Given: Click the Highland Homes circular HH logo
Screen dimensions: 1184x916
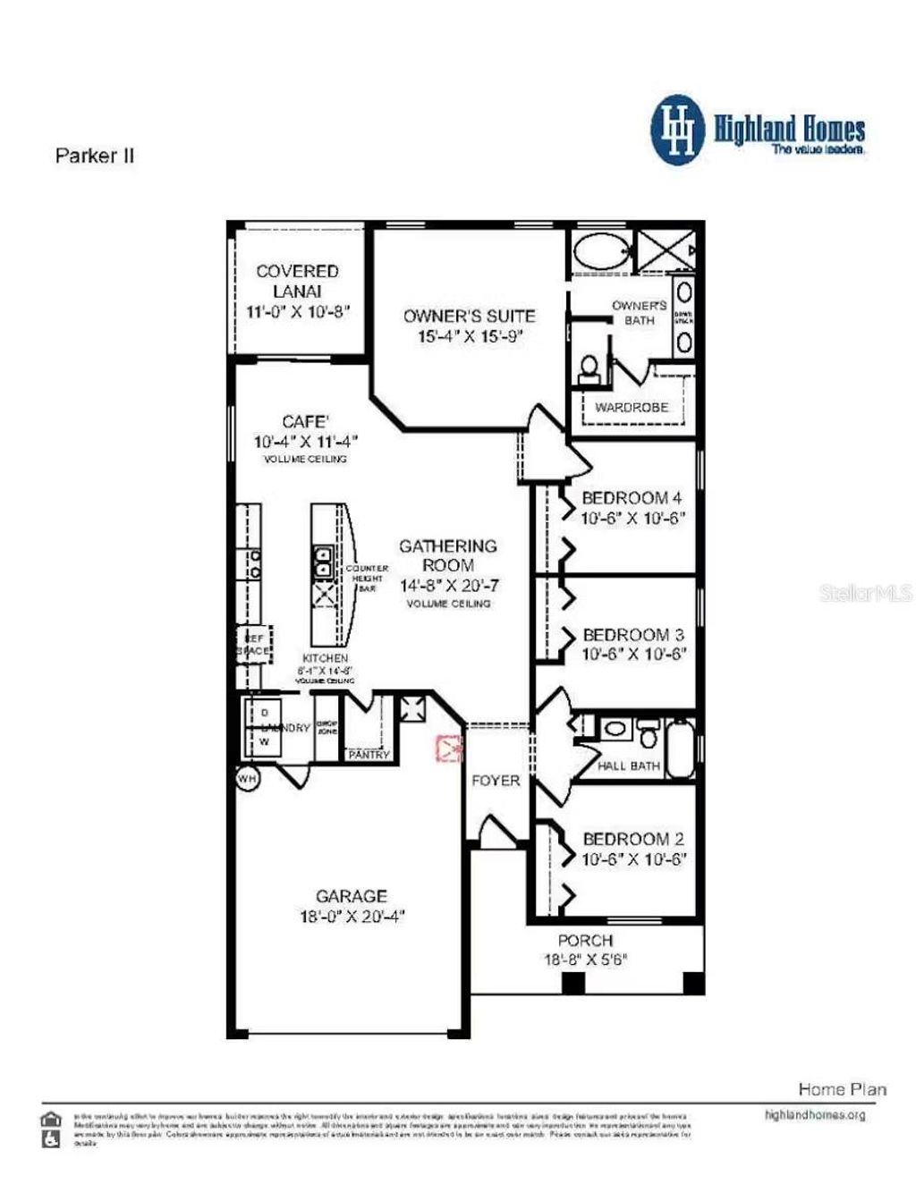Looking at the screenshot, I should [x=678, y=131].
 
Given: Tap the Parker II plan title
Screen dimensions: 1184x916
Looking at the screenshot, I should [x=95, y=156].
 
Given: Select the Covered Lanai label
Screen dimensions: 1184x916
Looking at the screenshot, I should [x=297, y=281].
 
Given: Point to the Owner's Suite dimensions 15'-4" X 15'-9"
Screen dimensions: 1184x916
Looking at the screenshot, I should [x=470, y=337].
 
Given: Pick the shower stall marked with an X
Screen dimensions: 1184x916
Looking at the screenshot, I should [x=666, y=249].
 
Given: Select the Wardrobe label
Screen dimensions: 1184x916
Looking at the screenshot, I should [x=632, y=408].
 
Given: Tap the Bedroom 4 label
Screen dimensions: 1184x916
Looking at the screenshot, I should [x=632, y=498].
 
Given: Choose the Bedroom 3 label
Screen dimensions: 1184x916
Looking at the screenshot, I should [x=632, y=635].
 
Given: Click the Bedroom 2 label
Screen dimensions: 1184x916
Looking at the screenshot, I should [x=632, y=839].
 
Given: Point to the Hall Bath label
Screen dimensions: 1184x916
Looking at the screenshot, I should [x=628, y=766].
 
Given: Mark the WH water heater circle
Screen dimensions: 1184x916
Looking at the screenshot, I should [x=247, y=779].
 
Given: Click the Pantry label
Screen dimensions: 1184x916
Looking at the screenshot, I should [x=369, y=755].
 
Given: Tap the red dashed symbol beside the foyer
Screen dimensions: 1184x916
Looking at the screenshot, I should [x=447, y=748].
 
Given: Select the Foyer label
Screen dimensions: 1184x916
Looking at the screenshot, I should [x=496, y=781].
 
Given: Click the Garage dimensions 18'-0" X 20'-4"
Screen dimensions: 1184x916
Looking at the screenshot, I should [x=352, y=917].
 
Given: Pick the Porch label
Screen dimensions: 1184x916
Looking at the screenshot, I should [x=585, y=941].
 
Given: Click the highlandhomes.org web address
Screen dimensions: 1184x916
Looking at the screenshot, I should [x=814, y=1115].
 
